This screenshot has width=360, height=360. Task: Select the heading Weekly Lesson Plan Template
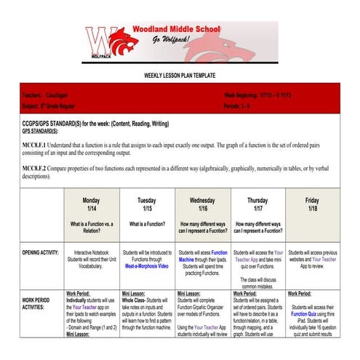click(180, 76)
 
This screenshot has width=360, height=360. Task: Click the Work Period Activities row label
click(37, 303)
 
